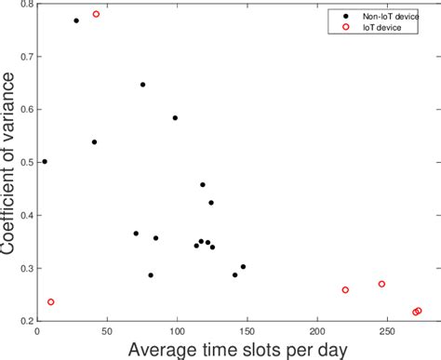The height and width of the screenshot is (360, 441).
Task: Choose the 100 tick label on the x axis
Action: pos(177,330)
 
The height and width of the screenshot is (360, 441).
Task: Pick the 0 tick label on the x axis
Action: pos(37,330)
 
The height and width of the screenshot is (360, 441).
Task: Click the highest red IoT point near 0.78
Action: pos(96,14)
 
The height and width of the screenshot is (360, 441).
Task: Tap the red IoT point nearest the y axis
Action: pos(50,301)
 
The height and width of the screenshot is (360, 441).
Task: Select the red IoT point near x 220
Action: pos(345,289)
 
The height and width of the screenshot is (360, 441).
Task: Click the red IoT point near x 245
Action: pos(381,284)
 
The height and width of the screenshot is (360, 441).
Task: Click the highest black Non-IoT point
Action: pos(76,20)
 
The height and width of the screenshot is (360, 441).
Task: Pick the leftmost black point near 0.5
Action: pos(44,161)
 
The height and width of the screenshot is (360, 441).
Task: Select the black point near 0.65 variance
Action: pos(142,85)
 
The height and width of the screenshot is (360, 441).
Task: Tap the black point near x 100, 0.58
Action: pos(175,118)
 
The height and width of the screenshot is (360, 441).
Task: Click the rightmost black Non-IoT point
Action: pos(243,267)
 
